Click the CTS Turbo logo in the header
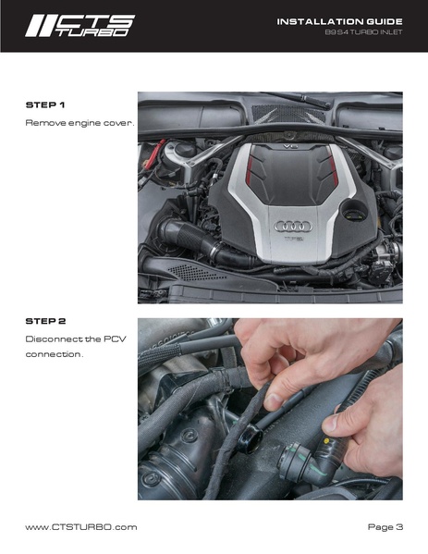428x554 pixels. point(79,25)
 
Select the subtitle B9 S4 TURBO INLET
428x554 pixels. point(363,33)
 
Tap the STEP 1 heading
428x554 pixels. point(45,105)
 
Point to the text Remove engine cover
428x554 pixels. point(79,122)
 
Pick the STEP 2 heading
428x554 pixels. point(45,320)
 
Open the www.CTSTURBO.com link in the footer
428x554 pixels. point(80,526)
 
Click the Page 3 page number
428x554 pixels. point(385,526)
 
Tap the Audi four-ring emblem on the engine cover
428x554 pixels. point(294,225)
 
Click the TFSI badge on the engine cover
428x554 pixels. point(293,238)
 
